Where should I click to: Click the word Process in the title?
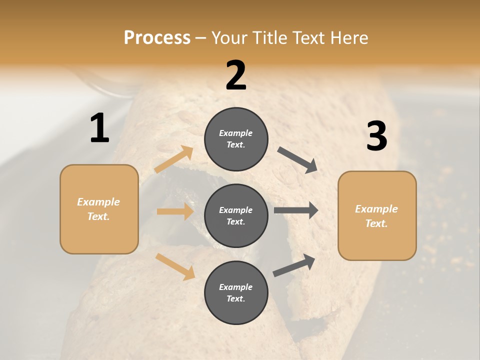pos(157,37)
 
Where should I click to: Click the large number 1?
pos(99,128)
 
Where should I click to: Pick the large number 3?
pos(376,136)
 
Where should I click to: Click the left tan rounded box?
pos(99,209)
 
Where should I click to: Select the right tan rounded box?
pos(377,215)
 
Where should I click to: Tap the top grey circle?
pos(236,139)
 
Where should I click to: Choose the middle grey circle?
pos(236,215)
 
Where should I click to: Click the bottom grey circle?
pos(236,292)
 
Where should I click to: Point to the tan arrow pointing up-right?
pos(174,159)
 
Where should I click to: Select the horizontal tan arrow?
pos(175,211)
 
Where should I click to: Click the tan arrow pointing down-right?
pos(175,266)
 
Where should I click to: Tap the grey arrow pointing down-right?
pos(297,160)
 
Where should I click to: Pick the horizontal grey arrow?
pos(296,210)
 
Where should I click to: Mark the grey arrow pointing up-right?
pos(294,265)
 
